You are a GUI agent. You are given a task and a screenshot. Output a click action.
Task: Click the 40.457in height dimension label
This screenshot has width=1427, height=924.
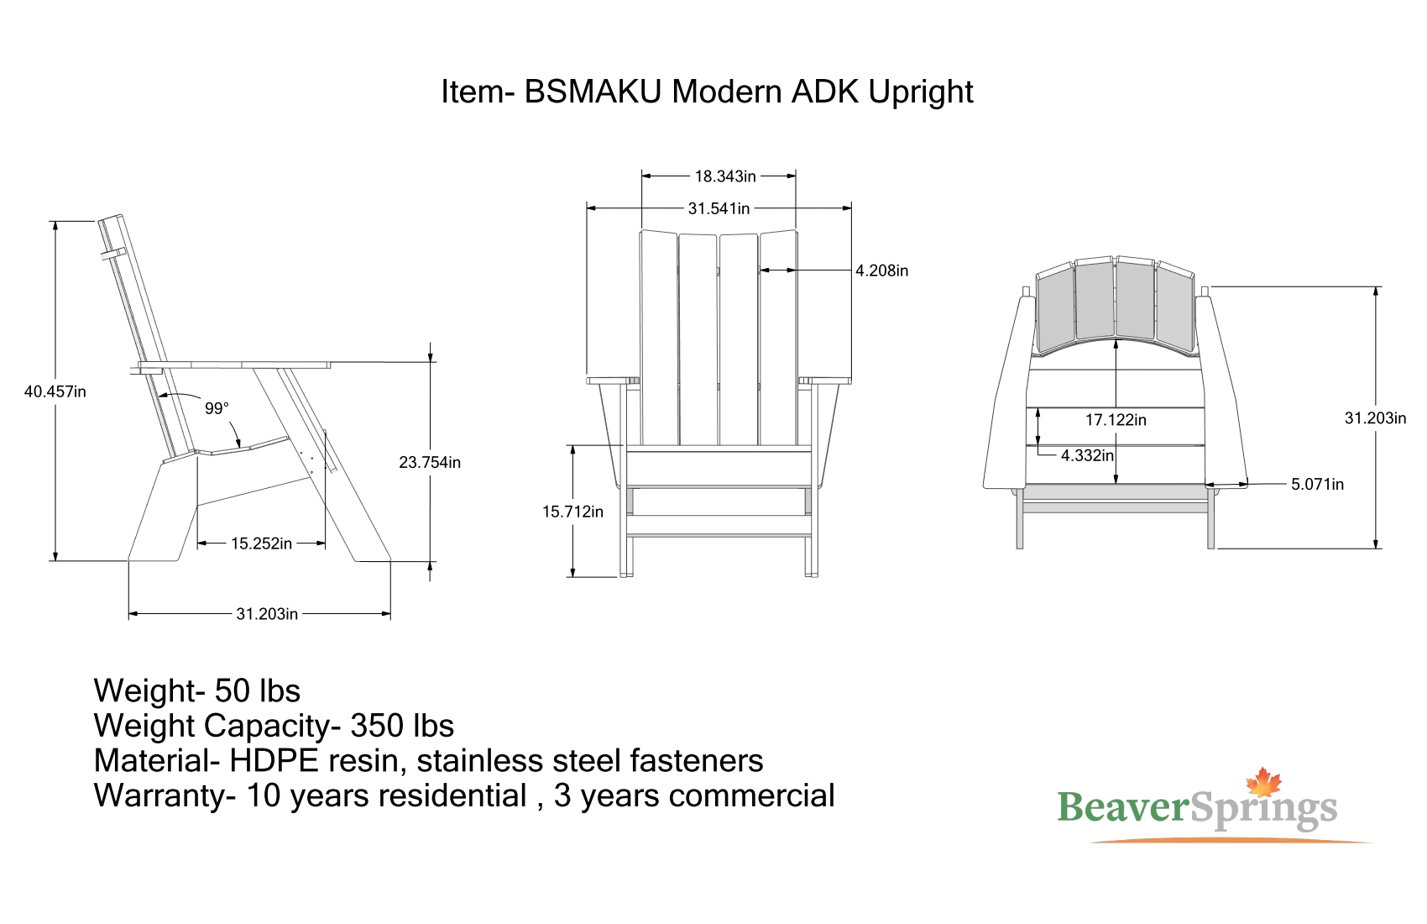(55, 391)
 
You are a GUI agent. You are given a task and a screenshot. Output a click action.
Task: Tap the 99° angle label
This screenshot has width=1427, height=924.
(217, 408)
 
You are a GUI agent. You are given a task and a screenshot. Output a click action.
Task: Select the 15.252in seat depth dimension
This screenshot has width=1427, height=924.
(261, 543)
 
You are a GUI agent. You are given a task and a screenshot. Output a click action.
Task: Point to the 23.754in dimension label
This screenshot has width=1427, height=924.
(430, 462)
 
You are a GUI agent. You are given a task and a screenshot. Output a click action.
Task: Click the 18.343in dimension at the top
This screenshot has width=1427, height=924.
(725, 176)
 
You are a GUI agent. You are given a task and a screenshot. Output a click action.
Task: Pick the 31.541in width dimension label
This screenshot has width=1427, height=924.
(719, 208)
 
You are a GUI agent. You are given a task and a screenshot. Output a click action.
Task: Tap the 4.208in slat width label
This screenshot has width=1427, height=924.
(881, 270)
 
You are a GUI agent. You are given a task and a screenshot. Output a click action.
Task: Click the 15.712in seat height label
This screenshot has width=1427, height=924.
(572, 512)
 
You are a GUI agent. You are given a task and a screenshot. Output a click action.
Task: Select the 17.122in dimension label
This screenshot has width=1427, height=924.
(1116, 420)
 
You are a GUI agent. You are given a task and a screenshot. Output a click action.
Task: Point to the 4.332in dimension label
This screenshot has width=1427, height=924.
(1087, 455)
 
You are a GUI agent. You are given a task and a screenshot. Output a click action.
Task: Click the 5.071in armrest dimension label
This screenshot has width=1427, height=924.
(1317, 484)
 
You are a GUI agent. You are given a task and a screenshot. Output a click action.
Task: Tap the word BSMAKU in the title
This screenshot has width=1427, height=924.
(593, 92)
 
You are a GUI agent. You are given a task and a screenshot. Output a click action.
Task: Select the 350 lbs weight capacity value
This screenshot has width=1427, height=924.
(402, 726)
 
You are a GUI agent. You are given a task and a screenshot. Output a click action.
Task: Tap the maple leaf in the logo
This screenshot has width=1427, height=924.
(1263, 782)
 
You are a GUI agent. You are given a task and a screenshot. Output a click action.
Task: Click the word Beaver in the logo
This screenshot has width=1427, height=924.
(1122, 807)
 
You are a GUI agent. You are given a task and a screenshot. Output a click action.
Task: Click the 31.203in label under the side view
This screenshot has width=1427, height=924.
(267, 613)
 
